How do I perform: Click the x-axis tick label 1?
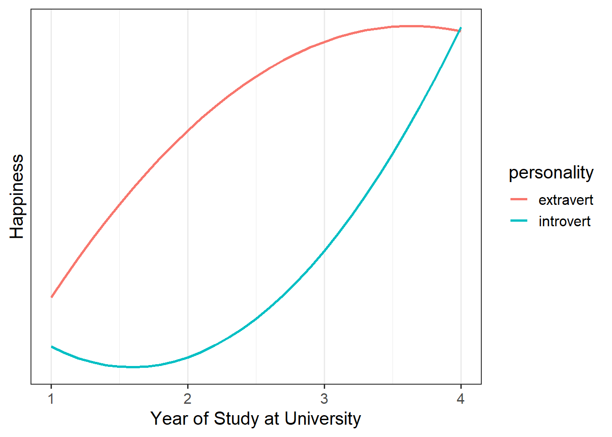click(51, 399)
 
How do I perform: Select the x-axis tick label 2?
click(188, 399)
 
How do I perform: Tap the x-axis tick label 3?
click(324, 399)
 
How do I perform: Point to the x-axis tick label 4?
click(461, 399)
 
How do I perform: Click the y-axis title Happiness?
click(17, 196)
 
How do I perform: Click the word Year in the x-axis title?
click(168, 419)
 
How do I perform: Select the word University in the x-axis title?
click(322, 419)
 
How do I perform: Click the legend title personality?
click(551, 173)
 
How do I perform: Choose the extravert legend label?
click(566, 200)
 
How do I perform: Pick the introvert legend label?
click(564, 221)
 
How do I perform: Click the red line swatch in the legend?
click(519, 199)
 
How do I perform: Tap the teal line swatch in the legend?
click(519, 221)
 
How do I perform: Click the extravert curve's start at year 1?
click(51, 297)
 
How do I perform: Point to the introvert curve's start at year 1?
click(51, 346)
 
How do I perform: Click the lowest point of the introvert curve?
click(132, 367)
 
